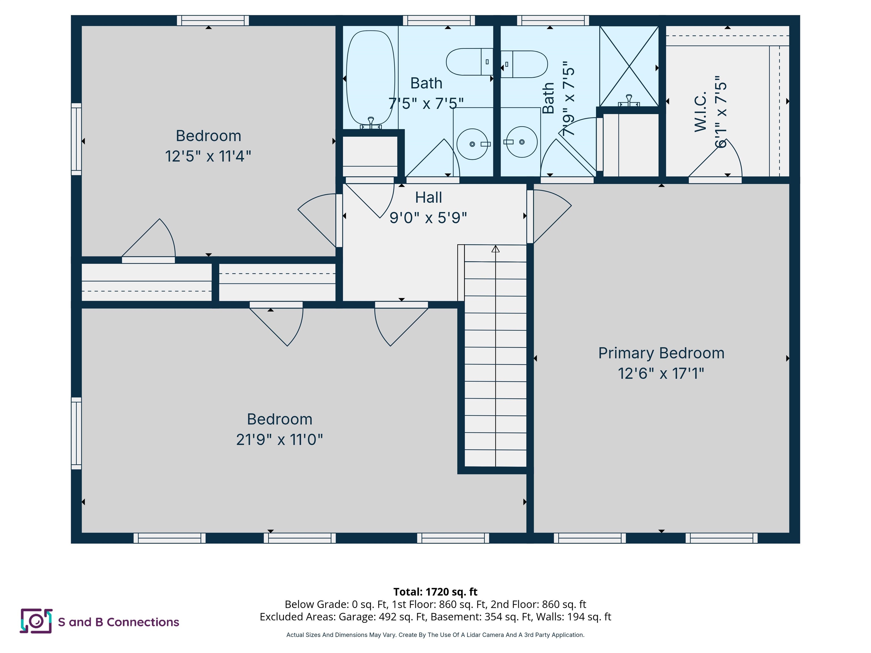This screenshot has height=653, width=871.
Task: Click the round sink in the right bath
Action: pos(522,142)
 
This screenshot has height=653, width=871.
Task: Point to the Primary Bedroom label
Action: pos(661,353)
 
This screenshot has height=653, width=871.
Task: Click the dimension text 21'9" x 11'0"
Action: pos(280,440)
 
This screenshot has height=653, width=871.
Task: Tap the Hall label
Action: pos(428,197)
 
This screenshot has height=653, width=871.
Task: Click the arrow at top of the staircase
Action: pos(495,249)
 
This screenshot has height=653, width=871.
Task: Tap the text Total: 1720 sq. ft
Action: pos(435,591)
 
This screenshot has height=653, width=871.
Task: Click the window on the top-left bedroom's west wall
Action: pos(76,139)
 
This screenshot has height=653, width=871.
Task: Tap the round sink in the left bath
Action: pos(472,144)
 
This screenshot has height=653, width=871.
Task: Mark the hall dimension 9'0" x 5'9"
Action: pos(428,218)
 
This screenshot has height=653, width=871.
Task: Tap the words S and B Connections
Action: pos(119,622)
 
